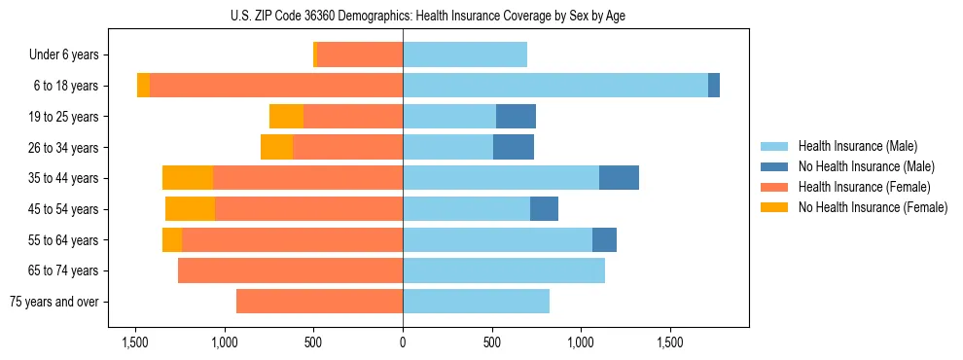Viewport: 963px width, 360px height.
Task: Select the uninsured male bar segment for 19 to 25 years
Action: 516,117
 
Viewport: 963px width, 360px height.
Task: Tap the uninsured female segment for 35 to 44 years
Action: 188,178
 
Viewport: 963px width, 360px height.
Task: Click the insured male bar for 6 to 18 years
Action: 554,86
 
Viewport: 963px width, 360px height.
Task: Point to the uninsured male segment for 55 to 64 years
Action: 604,239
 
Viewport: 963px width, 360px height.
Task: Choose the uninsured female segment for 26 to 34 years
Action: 277,147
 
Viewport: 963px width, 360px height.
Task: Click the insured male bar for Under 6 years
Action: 465,54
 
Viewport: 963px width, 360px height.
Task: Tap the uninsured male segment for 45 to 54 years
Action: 544,209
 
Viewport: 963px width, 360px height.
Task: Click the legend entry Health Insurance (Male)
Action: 857,146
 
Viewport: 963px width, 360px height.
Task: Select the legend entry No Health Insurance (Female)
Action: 873,207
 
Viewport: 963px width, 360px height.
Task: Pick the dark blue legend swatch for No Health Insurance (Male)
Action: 774,166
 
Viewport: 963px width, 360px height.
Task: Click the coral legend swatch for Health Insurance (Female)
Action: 774,187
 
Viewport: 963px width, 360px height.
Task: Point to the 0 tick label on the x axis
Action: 403,342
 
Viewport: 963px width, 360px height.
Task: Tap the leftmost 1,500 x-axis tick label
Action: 134,342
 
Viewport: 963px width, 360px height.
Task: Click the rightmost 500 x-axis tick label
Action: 492,342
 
